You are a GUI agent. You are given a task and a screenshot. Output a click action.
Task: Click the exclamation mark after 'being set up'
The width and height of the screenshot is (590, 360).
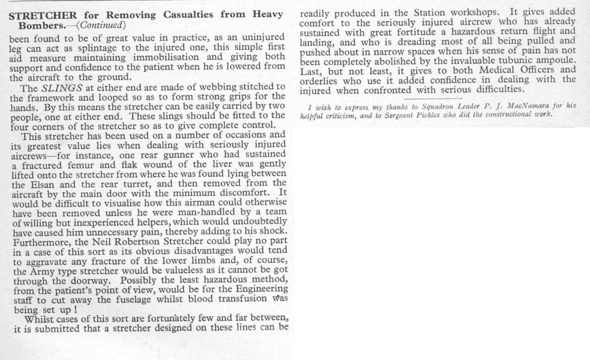[76, 310]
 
